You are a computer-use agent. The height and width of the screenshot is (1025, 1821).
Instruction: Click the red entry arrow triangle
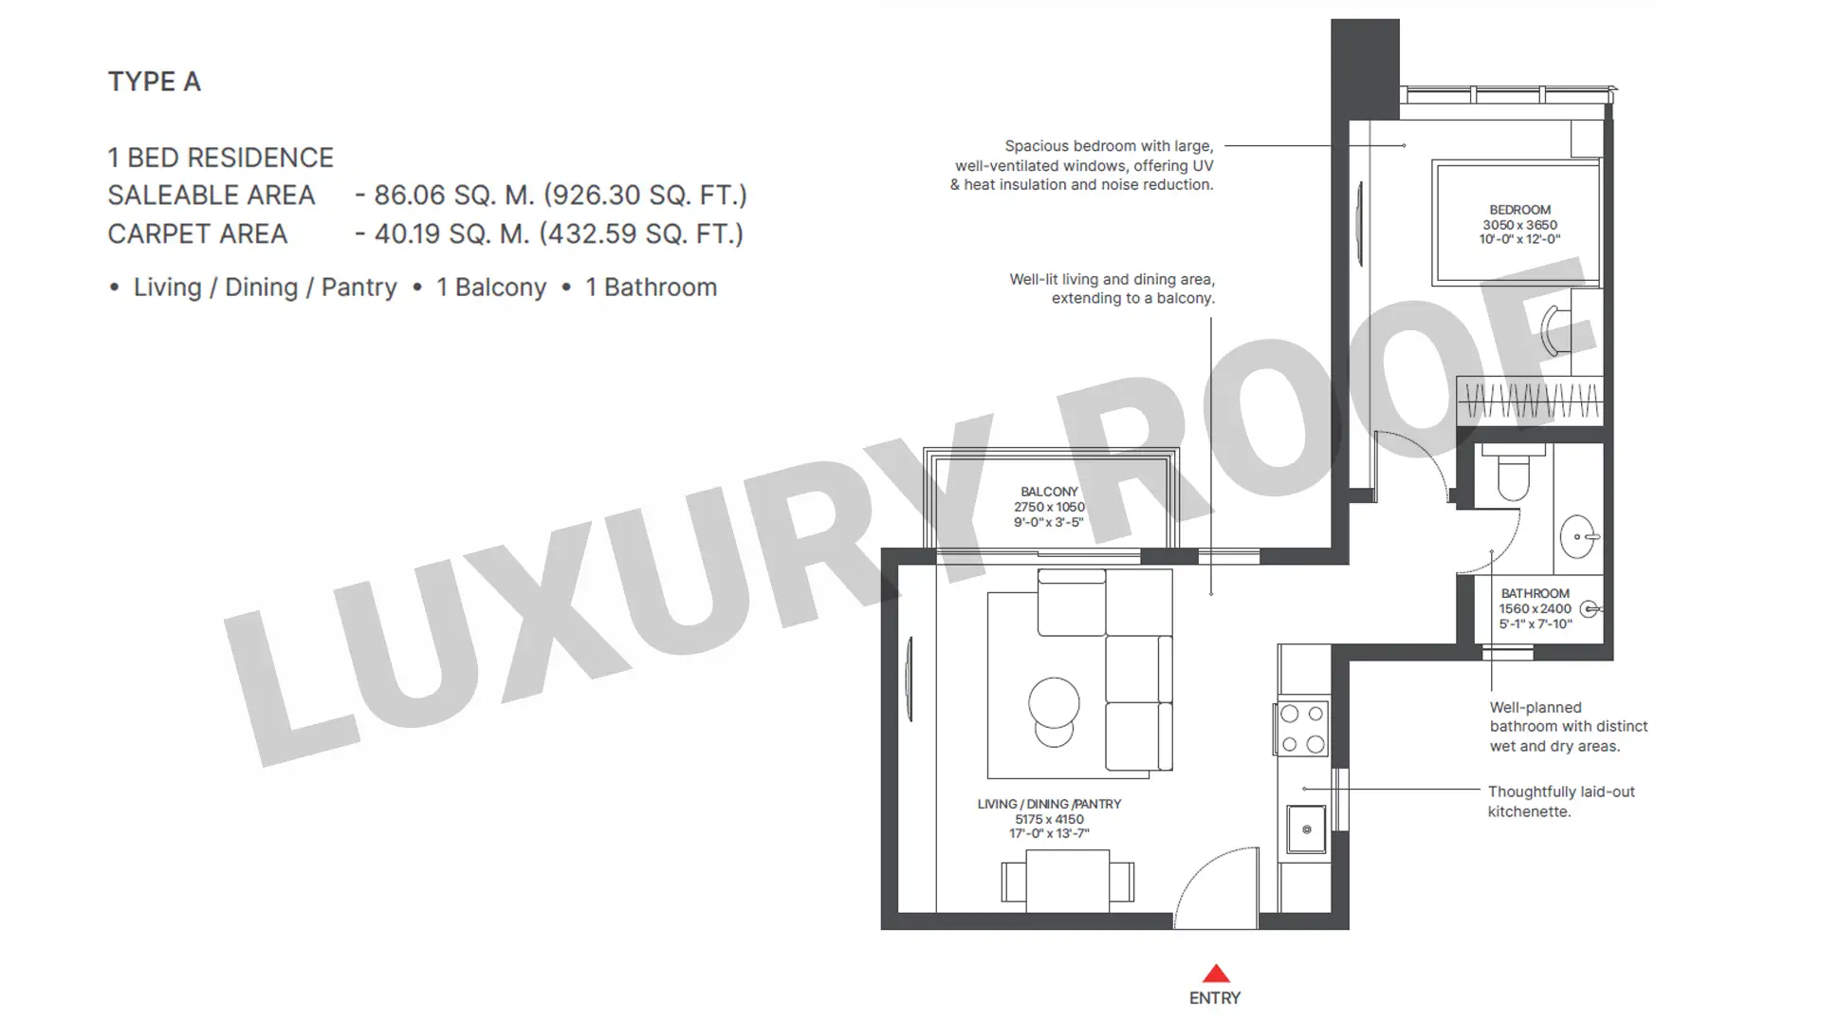tap(1216, 974)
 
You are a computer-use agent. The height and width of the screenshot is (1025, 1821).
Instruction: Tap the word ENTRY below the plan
tap(1215, 998)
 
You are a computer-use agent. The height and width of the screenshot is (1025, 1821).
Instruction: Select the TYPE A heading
tap(154, 82)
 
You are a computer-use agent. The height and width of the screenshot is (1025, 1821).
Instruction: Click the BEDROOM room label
tap(1519, 210)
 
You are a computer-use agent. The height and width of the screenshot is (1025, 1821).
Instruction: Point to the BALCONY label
tap(1049, 492)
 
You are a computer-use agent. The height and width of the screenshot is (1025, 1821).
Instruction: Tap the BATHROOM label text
tap(1536, 593)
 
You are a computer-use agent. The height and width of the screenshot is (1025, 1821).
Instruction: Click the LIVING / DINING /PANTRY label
tap(1049, 804)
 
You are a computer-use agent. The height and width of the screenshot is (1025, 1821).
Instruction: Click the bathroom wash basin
tap(1579, 537)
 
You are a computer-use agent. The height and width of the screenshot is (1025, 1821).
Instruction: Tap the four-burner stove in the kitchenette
tap(1302, 729)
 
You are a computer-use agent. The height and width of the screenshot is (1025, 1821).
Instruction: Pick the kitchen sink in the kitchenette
tap(1306, 829)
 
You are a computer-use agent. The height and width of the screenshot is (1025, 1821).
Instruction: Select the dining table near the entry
tap(1068, 881)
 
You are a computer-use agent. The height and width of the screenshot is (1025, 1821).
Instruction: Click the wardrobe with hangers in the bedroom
tap(1530, 400)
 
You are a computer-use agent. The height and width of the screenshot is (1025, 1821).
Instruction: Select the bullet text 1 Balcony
tap(491, 288)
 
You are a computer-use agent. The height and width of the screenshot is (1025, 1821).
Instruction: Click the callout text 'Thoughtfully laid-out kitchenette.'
tap(1561, 802)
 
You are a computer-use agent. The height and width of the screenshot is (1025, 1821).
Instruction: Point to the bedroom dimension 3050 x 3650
tap(1519, 225)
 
